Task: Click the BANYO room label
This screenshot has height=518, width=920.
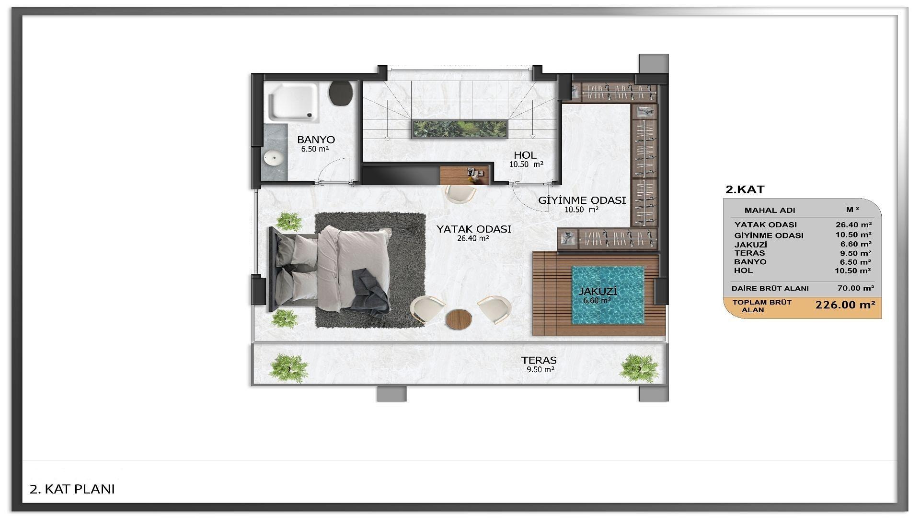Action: coord(316,140)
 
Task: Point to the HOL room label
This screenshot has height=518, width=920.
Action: coord(525,155)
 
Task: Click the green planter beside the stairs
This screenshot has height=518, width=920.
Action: coord(460,128)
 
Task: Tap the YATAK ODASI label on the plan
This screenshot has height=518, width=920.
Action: coord(474,229)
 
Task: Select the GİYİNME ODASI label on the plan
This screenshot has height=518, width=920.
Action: coord(582,200)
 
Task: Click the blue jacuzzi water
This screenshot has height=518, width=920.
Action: coord(608,295)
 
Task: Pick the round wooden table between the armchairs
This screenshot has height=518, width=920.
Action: coord(459,318)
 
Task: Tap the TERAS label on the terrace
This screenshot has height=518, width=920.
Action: coord(539,360)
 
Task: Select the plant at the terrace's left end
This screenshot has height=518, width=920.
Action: coord(288,368)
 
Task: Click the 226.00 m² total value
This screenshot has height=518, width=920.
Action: coord(845,305)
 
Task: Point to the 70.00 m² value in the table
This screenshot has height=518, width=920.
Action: coord(855,288)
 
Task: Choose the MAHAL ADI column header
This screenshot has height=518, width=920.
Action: coord(770,210)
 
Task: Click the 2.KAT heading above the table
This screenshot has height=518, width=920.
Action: coord(745,189)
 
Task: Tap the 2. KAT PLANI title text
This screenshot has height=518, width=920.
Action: coord(72,489)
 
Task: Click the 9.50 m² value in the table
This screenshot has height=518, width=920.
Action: coord(855,253)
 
